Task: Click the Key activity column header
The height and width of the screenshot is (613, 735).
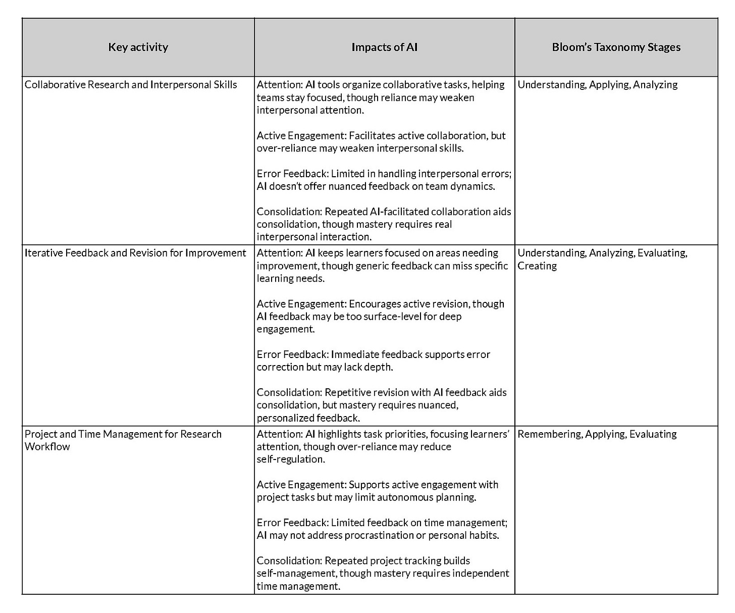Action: (138, 47)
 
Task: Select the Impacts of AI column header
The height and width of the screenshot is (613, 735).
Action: (384, 47)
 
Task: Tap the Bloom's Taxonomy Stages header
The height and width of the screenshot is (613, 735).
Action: (616, 47)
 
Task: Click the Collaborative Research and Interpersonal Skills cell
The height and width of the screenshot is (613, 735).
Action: (131, 85)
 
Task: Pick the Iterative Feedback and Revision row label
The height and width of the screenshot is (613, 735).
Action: (135, 253)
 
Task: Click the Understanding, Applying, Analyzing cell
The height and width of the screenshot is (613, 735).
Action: (597, 85)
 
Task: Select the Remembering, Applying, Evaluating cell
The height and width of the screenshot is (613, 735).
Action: (597, 434)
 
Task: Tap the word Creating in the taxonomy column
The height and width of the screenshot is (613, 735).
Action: (537, 266)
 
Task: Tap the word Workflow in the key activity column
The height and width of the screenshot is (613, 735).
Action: (47, 447)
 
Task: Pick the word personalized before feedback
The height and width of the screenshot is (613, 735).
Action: (285, 418)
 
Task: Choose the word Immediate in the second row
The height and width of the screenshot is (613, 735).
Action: (354, 354)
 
